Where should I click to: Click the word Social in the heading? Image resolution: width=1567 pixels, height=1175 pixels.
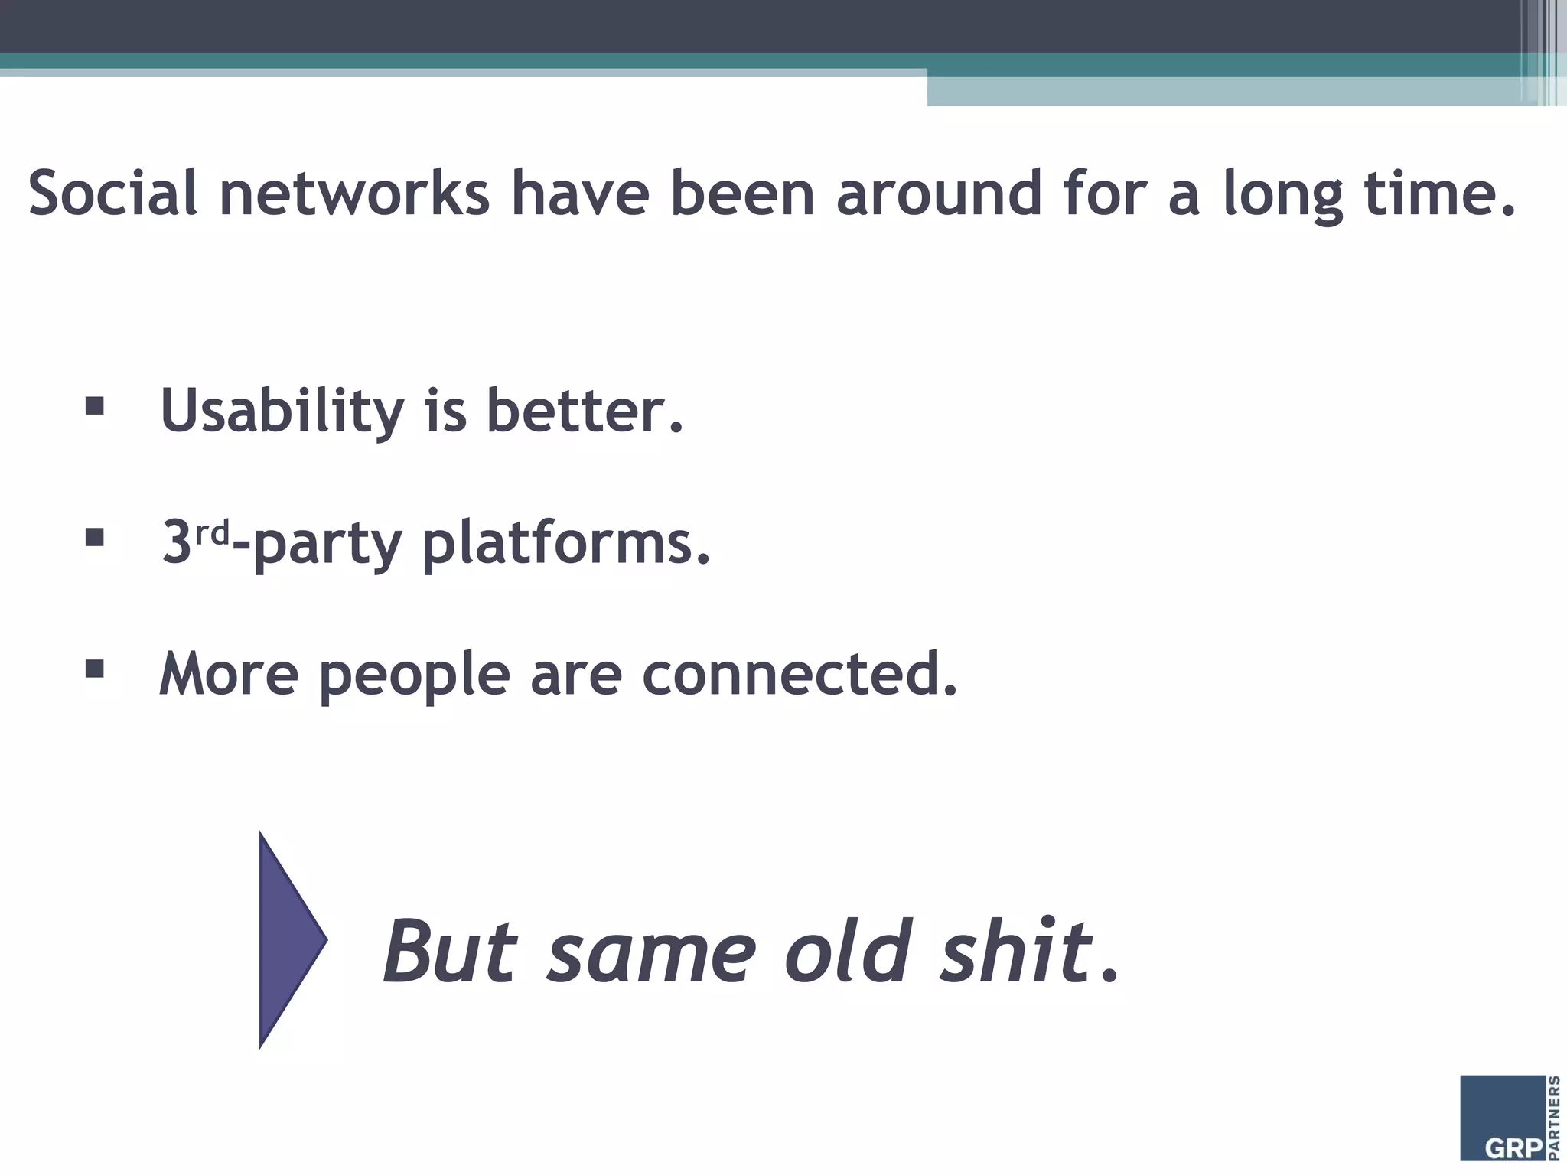(112, 193)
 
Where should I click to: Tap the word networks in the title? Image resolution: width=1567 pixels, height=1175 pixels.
(354, 193)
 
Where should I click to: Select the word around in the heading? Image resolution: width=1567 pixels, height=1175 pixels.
(939, 193)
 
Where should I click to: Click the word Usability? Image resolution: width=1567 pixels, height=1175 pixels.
(282, 412)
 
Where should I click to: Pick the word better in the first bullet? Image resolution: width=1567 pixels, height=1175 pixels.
(584, 412)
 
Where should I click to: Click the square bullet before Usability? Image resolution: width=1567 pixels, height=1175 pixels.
(95, 405)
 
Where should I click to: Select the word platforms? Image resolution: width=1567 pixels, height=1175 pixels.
(566, 543)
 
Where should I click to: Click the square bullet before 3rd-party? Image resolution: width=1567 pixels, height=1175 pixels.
(95, 537)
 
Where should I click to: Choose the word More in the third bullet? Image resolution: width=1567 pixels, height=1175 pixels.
(229, 673)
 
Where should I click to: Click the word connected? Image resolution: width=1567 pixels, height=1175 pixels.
(800, 673)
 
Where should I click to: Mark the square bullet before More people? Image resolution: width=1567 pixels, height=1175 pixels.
(95, 669)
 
